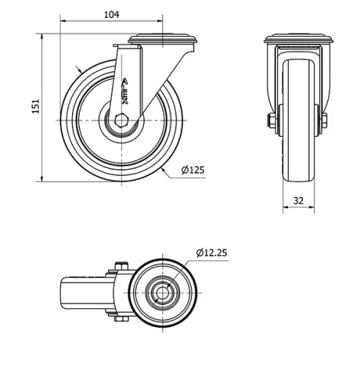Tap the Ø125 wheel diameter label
pyautogui.click(x=192, y=170)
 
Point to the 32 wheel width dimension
pyautogui.click(x=297, y=200)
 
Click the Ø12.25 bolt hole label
pyautogui.click(x=211, y=252)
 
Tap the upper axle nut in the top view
pyautogui.click(x=120, y=268)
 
